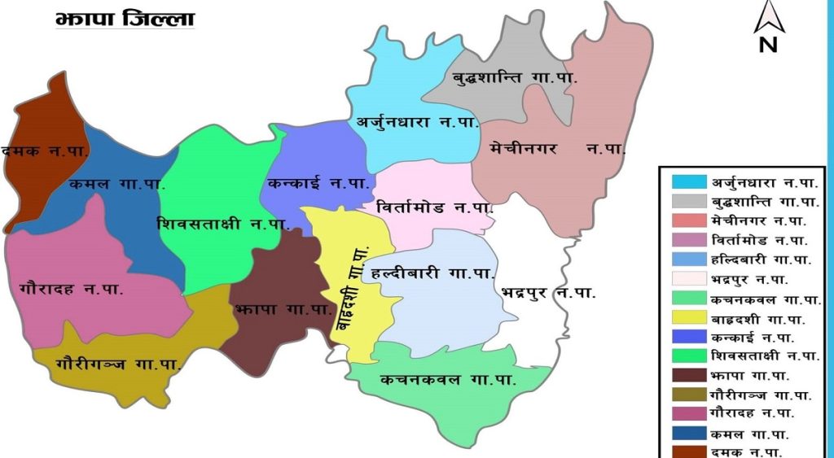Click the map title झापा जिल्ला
(125, 19)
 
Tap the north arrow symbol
(768, 19)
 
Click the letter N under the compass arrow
(768, 45)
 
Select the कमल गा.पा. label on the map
(117, 184)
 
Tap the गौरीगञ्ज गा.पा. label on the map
(119, 364)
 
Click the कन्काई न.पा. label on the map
(318, 184)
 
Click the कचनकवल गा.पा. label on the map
(448, 379)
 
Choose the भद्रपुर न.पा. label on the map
(548, 290)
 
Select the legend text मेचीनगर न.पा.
(757, 220)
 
